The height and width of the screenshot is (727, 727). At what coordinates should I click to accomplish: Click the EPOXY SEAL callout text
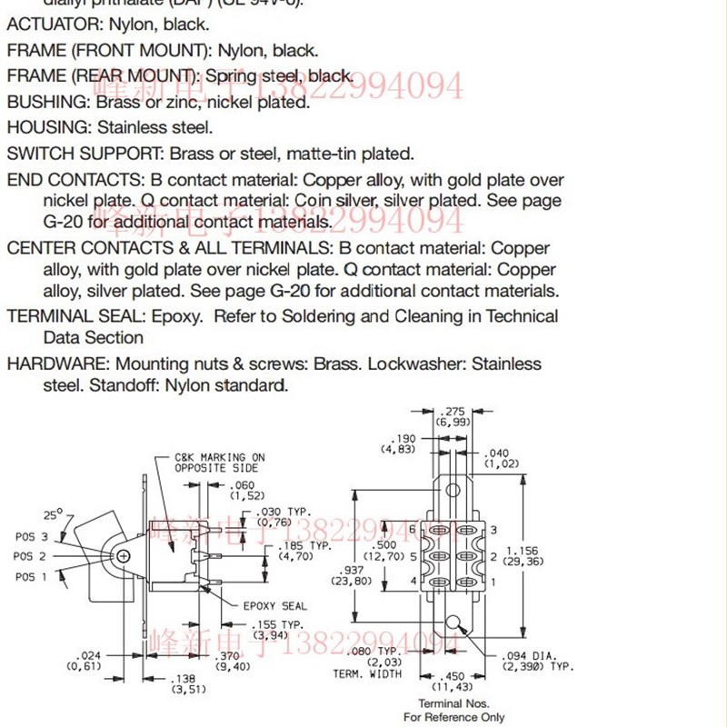click(274, 606)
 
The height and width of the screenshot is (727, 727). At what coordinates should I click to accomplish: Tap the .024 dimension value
click(90, 654)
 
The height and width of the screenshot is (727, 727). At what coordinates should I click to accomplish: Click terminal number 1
click(493, 581)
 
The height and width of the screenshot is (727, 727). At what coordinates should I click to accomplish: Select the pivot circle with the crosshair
click(124, 555)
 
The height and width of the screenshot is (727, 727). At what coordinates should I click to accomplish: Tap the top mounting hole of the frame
click(452, 490)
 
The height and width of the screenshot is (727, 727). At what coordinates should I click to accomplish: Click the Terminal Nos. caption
click(453, 703)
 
